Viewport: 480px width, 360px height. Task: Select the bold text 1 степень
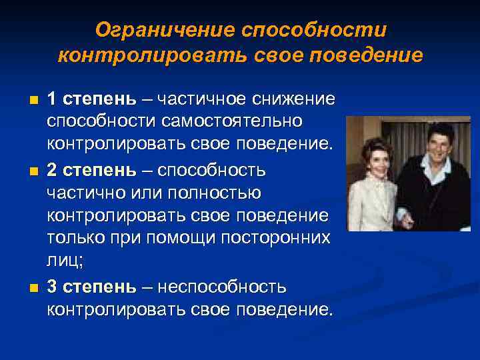click(89, 99)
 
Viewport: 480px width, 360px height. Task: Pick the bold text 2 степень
click(89, 171)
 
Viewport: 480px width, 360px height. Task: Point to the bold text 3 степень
click(89, 287)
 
